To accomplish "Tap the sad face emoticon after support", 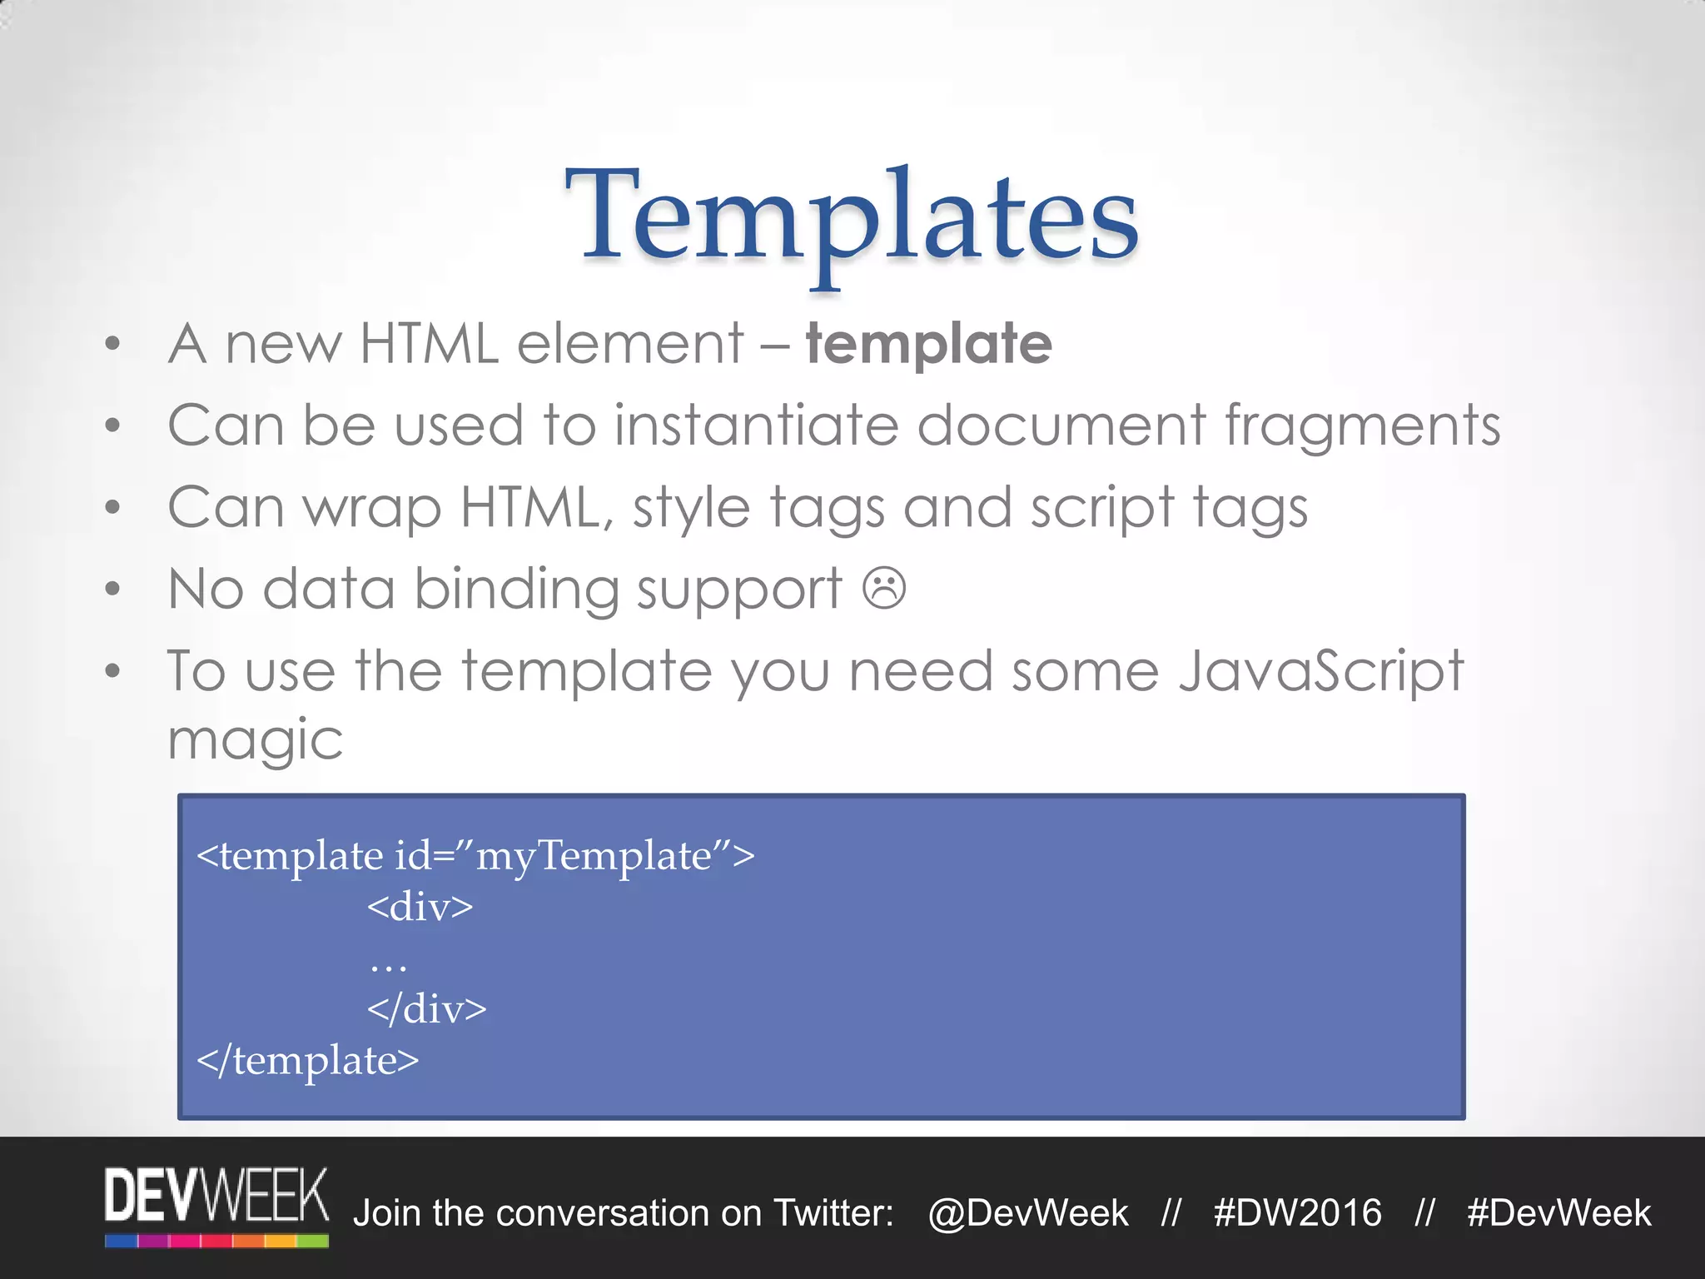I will click(x=883, y=589).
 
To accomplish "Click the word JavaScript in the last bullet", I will click(x=1321, y=671).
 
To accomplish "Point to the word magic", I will click(x=255, y=739).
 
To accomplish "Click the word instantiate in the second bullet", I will click(x=757, y=426).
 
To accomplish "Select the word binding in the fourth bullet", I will click(x=516, y=590).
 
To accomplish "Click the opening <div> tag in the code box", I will click(x=420, y=907).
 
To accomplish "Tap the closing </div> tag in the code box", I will click(x=426, y=1009).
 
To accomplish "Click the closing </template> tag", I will click(x=307, y=1061).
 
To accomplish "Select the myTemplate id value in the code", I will click(x=594, y=856).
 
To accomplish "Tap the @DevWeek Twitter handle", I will click(x=1028, y=1213).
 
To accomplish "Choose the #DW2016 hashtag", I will click(x=1297, y=1213).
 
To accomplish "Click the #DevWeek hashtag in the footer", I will click(x=1558, y=1213).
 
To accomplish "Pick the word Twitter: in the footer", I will click(x=833, y=1213).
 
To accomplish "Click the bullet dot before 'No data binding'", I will click(x=113, y=590).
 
